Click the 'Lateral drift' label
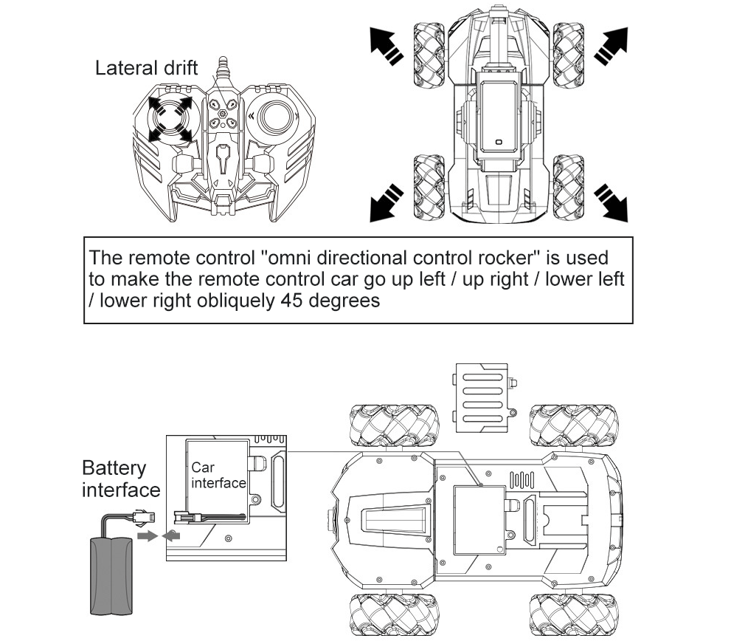[146, 68]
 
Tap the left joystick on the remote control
[170, 118]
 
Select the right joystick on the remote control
[275, 117]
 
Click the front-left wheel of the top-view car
[429, 55]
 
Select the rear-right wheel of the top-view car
[568, 187]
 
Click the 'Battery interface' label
[121, 479]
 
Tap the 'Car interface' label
[218, 475]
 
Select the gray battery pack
[111, 575]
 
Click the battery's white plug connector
[144, 516]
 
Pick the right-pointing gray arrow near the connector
[148, 535]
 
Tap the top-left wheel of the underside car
[395, 425]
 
